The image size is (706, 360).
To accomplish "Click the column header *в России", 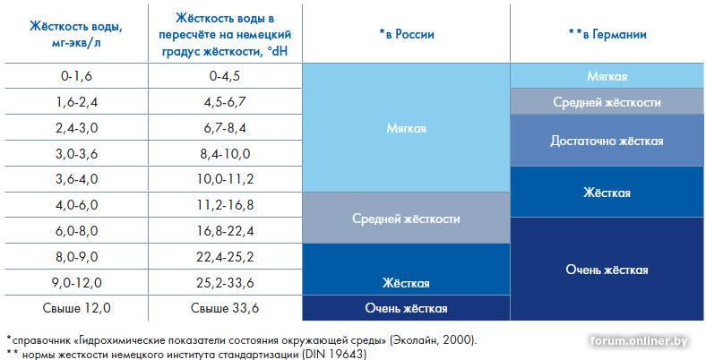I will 407,34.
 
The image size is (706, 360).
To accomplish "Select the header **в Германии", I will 607,34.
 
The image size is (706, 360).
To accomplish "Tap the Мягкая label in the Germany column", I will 607,76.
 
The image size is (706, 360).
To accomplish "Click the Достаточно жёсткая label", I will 607,141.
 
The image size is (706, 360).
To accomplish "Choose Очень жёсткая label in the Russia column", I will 407,308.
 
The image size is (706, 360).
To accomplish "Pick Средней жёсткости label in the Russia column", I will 407,219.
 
